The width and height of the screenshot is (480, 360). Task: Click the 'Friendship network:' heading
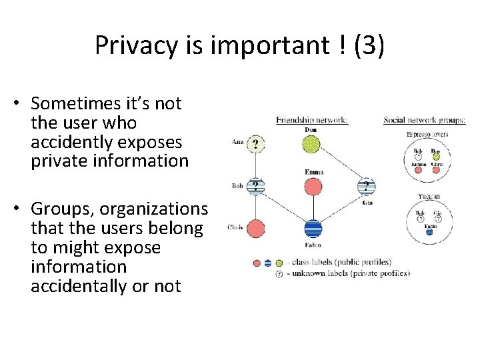click(312, 121)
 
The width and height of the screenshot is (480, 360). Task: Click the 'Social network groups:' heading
click(424, 121)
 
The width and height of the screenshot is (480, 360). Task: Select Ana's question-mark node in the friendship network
click(255, 144)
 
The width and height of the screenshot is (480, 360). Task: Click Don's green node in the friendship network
click(311, 145)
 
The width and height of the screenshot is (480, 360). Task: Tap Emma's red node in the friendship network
click(313, 186)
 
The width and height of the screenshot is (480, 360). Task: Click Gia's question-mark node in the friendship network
click(367, 186)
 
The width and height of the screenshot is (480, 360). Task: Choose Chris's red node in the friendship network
click(255, 229)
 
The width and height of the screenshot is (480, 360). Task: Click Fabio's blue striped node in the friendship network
click(313, 229)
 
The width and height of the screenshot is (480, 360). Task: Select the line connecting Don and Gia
click(340, 166)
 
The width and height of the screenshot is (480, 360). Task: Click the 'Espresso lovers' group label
click(427, 135)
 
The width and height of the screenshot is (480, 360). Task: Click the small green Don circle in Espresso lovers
click(437, 157)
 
